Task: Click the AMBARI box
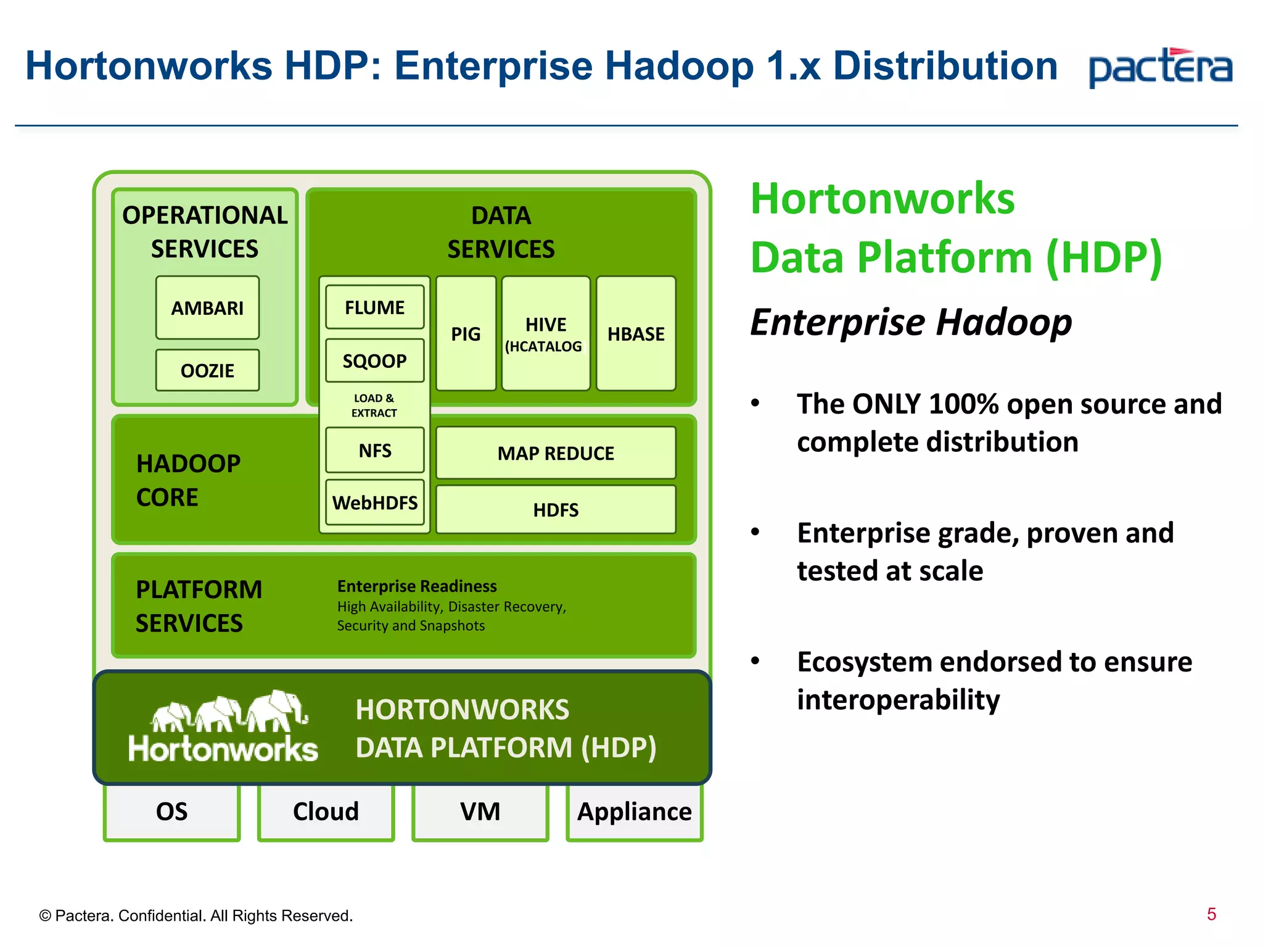pyautogui.click(x=207, y=307)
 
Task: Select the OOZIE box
pyautogui.click(x=207, y=370)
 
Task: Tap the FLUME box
pyautogui.click(x=374, y=307)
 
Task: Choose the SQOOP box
pyautogui.click(x=374, y=360)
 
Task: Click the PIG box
pyautogui.click(x=466, y=333)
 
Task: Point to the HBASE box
pyautogui.click(x=636, y=333)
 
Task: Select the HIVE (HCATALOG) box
pyautogui.click(x=545, y=333)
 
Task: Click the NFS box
pyautogui.click(x=374, y=450)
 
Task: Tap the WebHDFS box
pyautogui.click(x=374, y=502)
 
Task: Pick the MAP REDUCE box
pyautogui.click(x=556, y=453)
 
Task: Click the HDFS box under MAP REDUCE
pyautogui.click(x=556, y=510)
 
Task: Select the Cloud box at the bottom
pyautogui.click(x=326, y=812)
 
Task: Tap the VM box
pyautogui.click(x=480, y=812)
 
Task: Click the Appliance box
pyautogui.click(x=634, y=812)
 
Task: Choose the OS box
pyautogui.click(x=171, y=812)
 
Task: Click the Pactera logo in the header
pyautogui.click(x=1161, y=67)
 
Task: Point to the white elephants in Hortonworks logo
pyautogui.click(x=229, y=712)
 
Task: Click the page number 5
pyautogui.click(x=1211, y=914)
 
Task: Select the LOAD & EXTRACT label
pyautogui.click(x=374, y=405)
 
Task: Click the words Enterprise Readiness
pyautogui.click(x=417, y=586)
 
